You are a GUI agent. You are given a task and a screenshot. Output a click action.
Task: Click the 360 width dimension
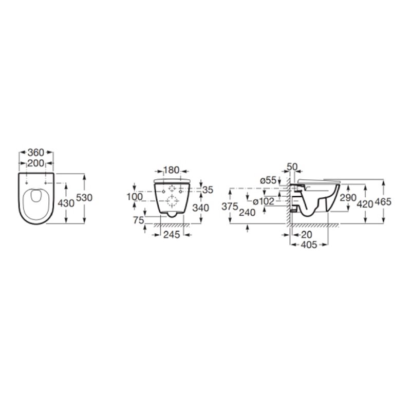click(x=36, y=153)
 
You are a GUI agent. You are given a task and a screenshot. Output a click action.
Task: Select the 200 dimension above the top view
click(x=36, y=163)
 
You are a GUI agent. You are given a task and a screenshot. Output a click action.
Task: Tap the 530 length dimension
click(x=84, y=198)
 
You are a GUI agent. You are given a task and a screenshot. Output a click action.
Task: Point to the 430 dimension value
click(x=66, y=203)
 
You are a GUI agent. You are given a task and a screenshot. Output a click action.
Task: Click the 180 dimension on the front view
click(x=172, y=170)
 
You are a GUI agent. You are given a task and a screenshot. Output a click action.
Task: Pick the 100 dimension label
click(x=135, y=197)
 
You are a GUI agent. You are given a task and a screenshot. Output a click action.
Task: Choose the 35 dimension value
click(x=208, y=190)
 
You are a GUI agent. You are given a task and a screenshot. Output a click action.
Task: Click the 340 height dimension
click(x=201, y=208)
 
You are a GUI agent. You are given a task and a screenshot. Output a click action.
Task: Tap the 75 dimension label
click(x=138, y=220)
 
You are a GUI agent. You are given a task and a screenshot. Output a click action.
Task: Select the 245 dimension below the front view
click(x=172, y=235)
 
